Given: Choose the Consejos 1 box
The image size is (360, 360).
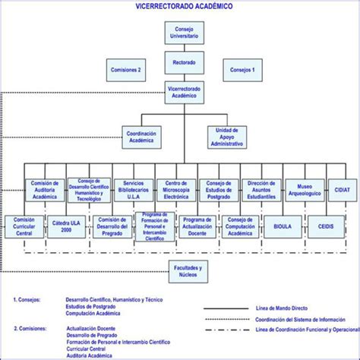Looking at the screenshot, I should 242,71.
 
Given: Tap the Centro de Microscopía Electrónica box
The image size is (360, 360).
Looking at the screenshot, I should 177,190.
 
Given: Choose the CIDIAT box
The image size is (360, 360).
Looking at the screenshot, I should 342,190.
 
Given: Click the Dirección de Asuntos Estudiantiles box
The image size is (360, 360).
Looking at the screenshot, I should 261,190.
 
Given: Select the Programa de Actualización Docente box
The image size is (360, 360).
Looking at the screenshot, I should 200,226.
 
